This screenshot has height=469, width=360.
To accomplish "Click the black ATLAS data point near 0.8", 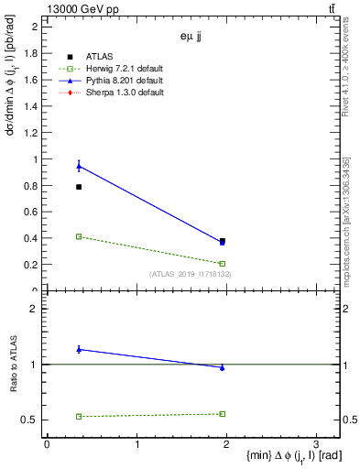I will pos(79,187).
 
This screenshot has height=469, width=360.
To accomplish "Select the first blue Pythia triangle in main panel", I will pos(79,166).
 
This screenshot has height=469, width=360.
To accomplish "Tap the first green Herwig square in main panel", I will pos(79,236).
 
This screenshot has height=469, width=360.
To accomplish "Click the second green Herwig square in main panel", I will pos(223,264).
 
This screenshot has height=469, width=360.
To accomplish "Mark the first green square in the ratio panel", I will pos(79,417).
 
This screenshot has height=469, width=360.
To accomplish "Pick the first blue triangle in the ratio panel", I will pos(79,349).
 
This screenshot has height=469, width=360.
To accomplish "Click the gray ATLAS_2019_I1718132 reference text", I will pos(190,274).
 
